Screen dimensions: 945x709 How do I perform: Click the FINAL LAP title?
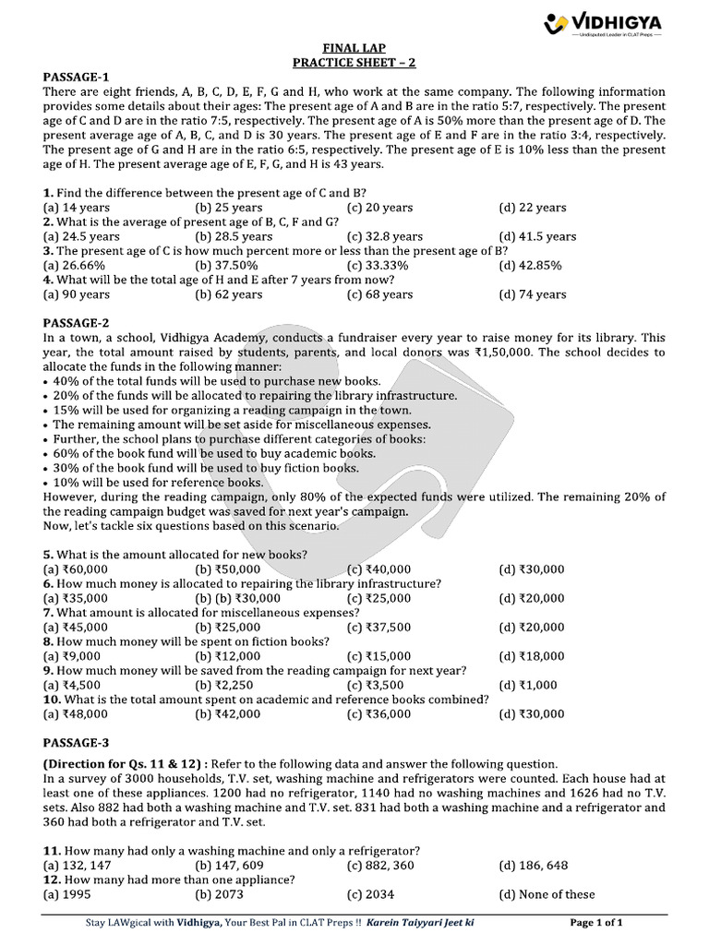point(354,47)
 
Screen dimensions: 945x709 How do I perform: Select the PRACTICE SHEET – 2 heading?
point(354,62)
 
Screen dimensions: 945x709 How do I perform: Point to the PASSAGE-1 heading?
point(77,77)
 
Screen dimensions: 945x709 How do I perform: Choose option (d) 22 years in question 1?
point(533,208)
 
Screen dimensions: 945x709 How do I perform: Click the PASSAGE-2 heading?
point(77,323)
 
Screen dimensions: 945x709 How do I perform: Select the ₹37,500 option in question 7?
point(379,627)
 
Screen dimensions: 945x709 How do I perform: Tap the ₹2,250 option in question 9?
point(225,685)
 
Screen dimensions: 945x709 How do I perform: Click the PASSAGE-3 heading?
point(77,743)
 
